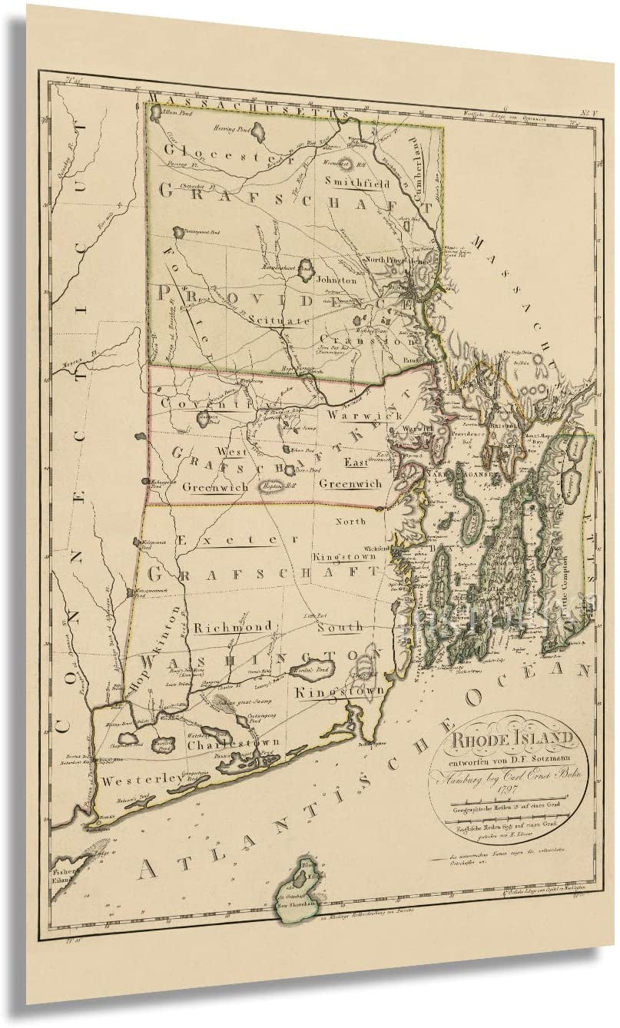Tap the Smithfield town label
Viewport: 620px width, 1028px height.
[x=357, y=184]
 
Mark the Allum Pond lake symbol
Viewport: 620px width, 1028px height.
[x=157, y=112]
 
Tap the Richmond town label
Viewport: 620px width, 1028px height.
[x=233, y=627]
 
